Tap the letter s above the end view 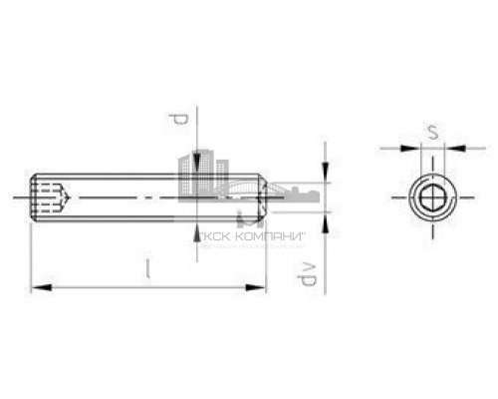coord(429,132)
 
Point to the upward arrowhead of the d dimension coord(196,227)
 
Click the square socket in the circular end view coord(429,198)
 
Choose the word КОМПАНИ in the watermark coord(249,237)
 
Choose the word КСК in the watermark coord(212,237)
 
